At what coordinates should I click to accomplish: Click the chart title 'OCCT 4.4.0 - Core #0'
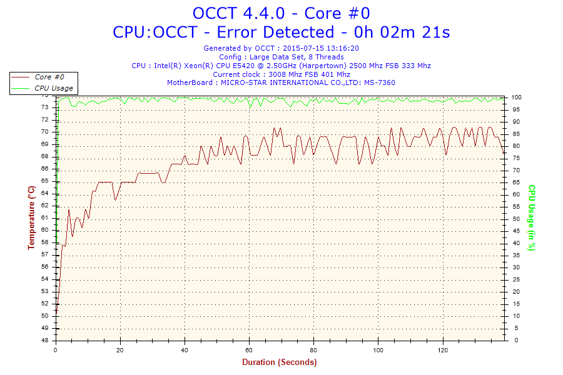point(281,13)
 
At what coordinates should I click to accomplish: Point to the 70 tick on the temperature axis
point(44,132)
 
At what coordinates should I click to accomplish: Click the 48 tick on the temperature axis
point(44,341)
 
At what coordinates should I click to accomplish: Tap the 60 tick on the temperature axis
point(44,230)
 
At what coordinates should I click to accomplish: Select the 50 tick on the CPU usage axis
point(515,219)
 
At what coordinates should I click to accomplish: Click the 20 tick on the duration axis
point(121,349)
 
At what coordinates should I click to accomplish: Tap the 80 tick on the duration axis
point(313,349)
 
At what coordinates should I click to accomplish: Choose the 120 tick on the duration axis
point(442,349)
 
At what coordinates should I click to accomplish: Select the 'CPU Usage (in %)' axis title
point(532,217)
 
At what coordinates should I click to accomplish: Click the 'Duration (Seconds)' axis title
point(280,362)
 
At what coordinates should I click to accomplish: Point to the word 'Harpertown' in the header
point(320,66)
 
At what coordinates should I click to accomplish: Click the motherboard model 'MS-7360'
point(380,82)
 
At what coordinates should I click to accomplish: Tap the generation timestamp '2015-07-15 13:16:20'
point(320,48)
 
